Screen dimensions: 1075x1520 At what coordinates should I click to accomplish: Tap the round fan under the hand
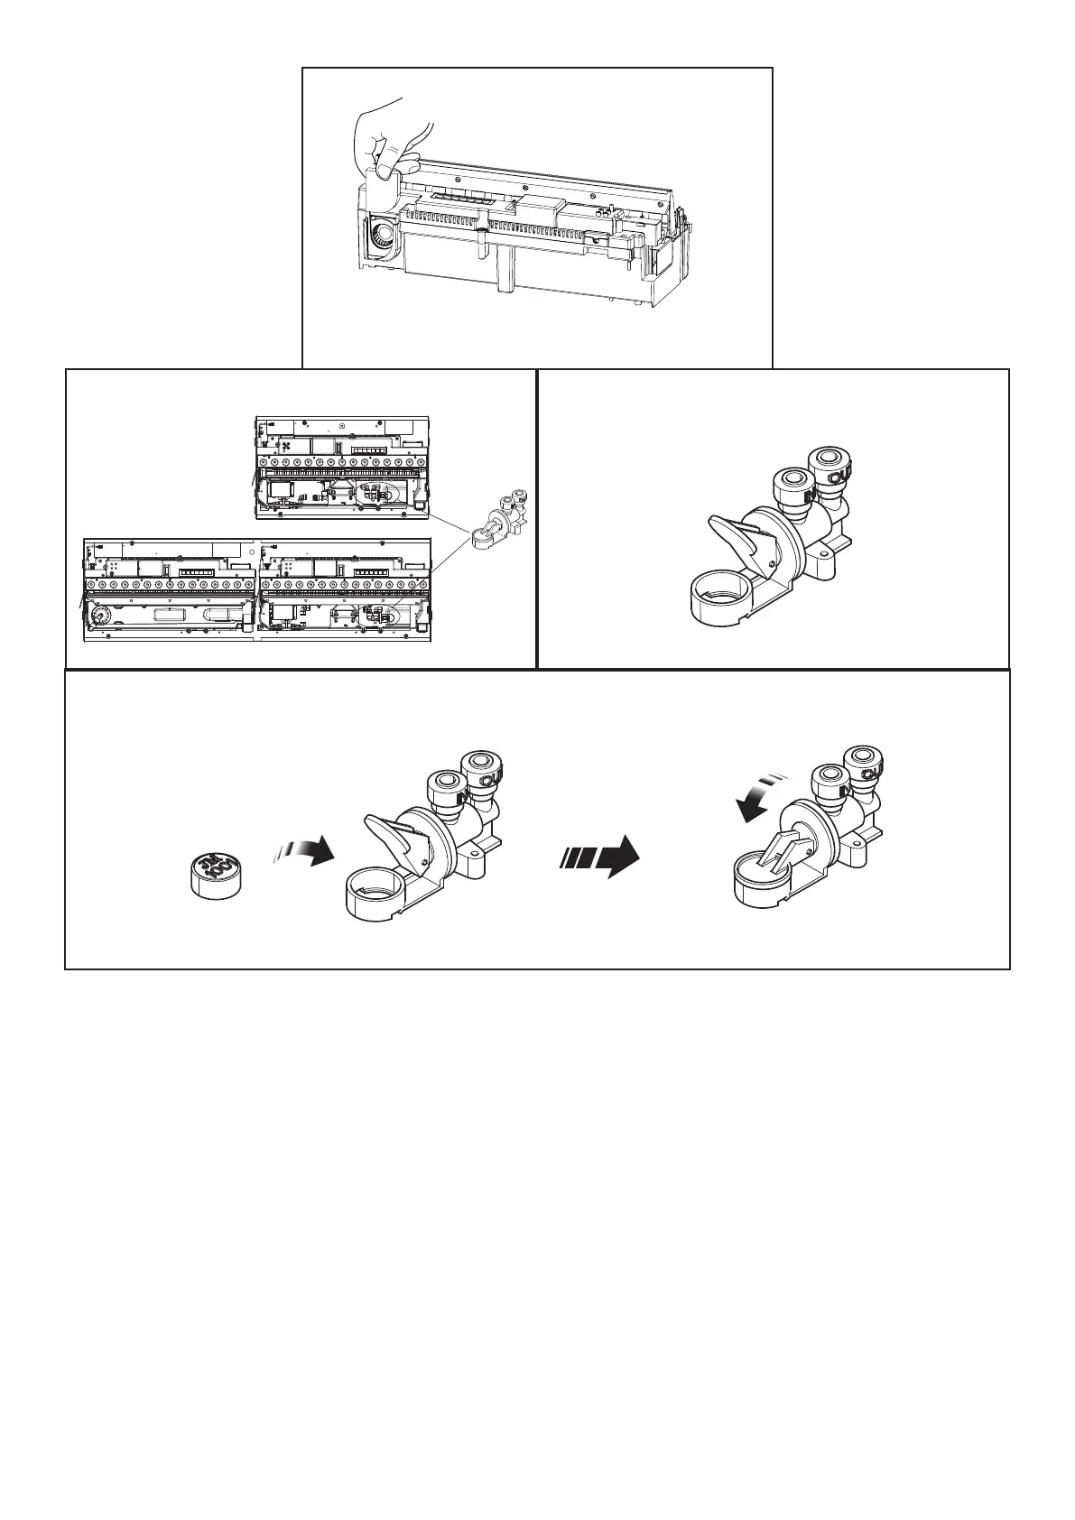pos(384,237)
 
